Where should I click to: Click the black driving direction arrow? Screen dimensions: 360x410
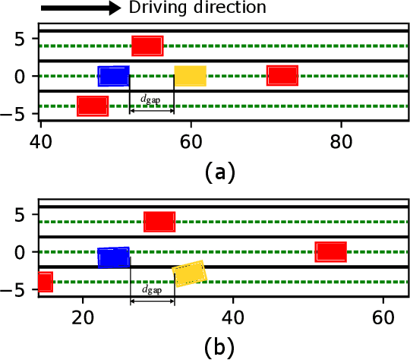80,9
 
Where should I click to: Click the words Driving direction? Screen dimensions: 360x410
197,8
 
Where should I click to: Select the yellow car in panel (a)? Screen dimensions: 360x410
190,76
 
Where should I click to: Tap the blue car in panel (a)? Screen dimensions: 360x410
114,76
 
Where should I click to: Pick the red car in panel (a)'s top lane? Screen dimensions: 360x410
147,46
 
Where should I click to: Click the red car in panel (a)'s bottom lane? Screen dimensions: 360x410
93,106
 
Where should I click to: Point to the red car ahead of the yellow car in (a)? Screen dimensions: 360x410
282,75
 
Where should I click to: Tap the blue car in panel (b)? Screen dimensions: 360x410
114,258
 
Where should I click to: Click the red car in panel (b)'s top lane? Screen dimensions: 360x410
159,222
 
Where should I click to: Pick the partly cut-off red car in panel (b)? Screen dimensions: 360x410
45,282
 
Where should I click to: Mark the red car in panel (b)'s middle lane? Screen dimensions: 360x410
331,251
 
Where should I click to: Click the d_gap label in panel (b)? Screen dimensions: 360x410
152,290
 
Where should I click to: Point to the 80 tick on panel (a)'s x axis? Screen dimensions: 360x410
341,141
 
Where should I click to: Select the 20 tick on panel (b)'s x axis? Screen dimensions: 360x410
82,317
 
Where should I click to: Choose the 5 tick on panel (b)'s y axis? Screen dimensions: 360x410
22,215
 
